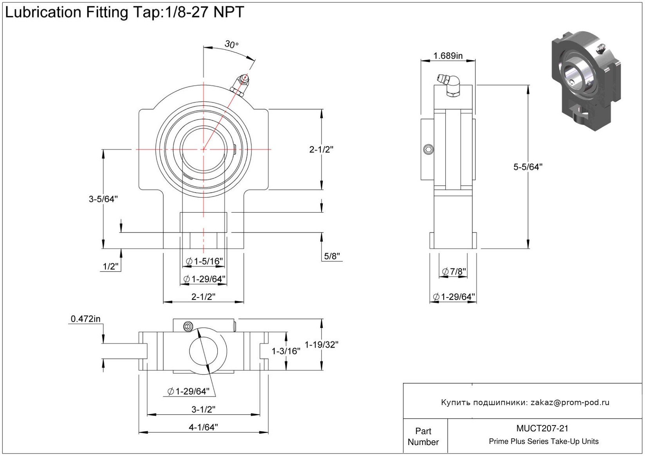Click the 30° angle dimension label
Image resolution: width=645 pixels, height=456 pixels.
click(231, 45)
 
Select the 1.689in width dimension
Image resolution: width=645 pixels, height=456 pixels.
click(448, 56)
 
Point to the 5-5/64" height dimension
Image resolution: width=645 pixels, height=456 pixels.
click(528, 167)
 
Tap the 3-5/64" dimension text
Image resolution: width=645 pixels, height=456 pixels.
click(103, 199)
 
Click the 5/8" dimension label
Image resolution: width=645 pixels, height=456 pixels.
click(332, 256)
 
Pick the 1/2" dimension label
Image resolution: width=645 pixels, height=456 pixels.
click(110, 267)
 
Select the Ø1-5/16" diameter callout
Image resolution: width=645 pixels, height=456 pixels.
click(204, 261)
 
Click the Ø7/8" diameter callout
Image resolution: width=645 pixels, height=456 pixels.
click(454, 271)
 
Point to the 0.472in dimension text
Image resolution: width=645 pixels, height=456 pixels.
click(85, 319)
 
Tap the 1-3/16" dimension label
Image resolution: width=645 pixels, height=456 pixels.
click(286, 351)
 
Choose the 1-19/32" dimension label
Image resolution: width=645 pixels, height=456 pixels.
click(321, 345)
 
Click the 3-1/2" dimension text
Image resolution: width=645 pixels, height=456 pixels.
click(203, 409)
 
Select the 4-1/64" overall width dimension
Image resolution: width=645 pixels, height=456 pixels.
click(203, 427)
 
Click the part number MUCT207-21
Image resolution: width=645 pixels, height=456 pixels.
click(542, 429)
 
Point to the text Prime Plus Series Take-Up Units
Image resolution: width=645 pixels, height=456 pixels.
click(544, 442)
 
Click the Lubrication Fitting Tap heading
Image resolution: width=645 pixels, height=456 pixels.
click(125, 13)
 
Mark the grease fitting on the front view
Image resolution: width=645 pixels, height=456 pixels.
click(240, 85)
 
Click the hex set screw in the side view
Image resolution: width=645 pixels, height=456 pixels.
click(429, 149)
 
